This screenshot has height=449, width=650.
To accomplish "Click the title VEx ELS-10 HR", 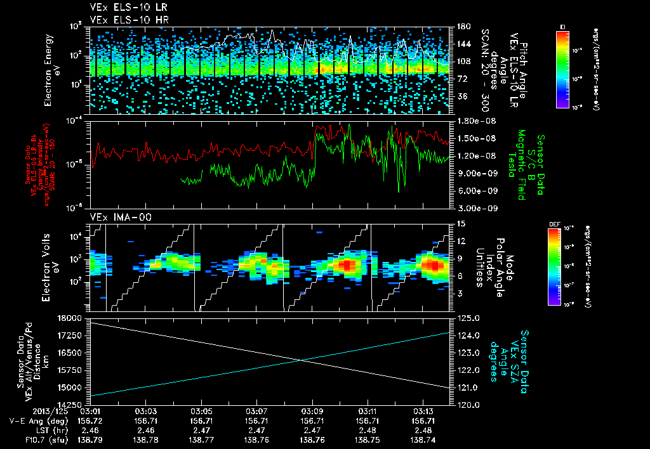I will click(123, 20).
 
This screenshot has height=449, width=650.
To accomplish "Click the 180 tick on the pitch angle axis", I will click(463, 27).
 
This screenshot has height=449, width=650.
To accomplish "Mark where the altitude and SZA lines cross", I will click(303, 360).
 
